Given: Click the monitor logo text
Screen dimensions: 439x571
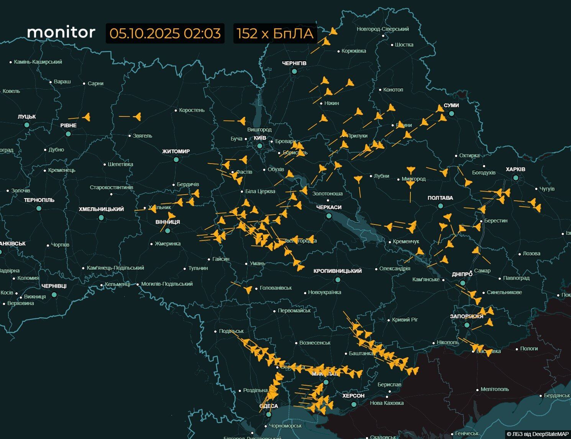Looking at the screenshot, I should pyautogui.click(x=61, y=32).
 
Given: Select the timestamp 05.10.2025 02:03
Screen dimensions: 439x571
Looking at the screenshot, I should pyautogui.click(x=165, y=33).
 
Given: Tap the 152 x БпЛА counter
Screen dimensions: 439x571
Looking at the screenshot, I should pyautogui.click(x=275, y=33).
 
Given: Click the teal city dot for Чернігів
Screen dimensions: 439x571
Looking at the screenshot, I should pyautogui.click(x=294, y=71).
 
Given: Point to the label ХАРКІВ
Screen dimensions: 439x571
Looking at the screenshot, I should pyautogui.click(x=515, y=169).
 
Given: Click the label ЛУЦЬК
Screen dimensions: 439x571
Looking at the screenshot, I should pyautogui.click(x=26, y=116).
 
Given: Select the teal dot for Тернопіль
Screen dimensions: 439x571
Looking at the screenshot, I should pyautogui.click(x=39, y=208).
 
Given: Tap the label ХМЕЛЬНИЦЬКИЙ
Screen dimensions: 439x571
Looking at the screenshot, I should pyautogui.click(x=101, y=209).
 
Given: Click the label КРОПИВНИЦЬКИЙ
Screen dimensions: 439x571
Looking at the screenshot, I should pyautogui.click(x=337, y=271).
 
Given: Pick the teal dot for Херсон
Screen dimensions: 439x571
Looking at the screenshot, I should pyautogui.click(x=354, y=404).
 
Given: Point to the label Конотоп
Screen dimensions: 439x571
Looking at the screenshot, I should pyautogui.click(x=393, y=90).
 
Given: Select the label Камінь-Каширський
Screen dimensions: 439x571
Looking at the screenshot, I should pyautogui.click(x=38, y=62).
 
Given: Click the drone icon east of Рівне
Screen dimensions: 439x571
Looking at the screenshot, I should pyautogui.click(x=87, y=117).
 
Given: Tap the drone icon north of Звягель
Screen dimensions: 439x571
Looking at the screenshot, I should pyautogui.click(x=137, y=116).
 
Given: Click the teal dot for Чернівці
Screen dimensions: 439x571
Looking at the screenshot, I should pyautogui.click(x=54, y=295).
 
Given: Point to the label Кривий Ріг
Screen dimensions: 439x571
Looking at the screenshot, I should pyautogui.click(x=405, y=319).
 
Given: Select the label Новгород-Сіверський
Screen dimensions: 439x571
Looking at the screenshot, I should pyautogui.click(x=382, y=29).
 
